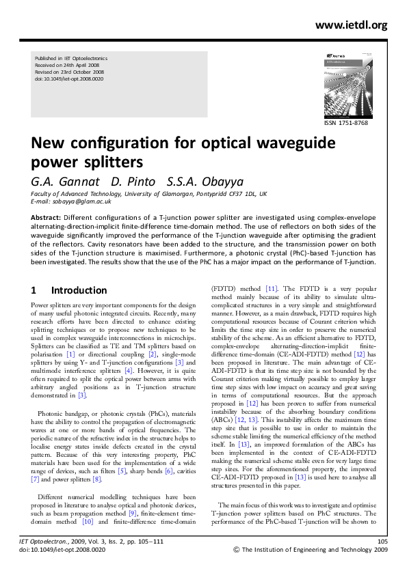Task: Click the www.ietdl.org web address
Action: click(x=351, y=26)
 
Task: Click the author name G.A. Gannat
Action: click(x=65, y=182)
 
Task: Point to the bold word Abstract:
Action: click(x=47, y=216)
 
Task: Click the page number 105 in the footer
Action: click(x=382, y=541)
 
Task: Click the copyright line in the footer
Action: click(x=311, y=548)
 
